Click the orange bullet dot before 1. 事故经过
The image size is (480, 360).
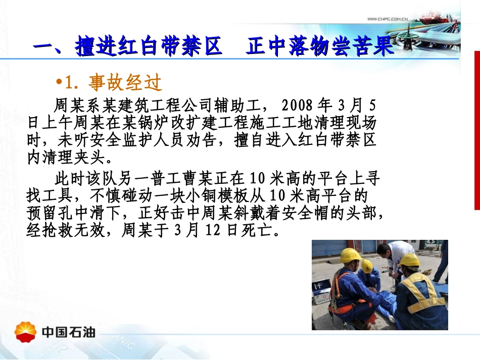(x=59, y=82)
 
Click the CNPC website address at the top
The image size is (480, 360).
(x=387, y=19)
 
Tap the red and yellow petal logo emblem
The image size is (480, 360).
(x=26, y=332)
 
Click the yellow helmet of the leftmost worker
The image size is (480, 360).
(x=350, y=255)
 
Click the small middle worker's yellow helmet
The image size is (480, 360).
(x=367, y=266)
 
